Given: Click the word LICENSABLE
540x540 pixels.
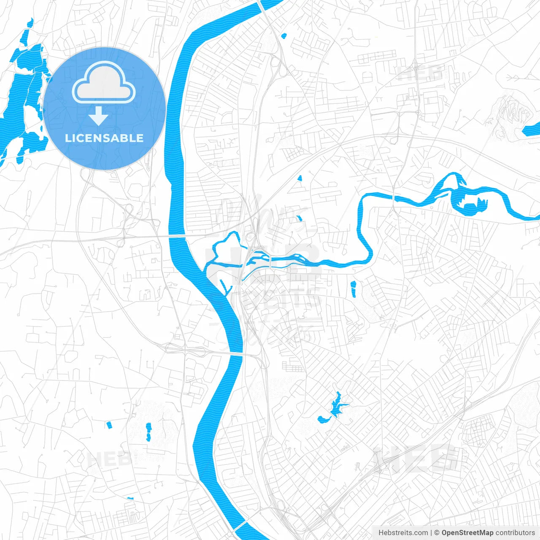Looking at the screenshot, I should click(x=104, y=138).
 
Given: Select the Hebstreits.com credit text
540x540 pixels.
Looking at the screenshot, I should click(x=403, y=533).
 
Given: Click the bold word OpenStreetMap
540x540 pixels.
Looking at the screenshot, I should click(x=467, y=533).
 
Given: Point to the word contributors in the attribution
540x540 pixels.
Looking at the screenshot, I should click(x=515, y=533).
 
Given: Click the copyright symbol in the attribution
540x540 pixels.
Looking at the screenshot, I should click(x=437, y=533).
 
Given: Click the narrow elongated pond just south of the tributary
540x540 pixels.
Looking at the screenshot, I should click(x=353, y=289).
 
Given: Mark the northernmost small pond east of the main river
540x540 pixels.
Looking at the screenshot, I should click(x=283, y=36).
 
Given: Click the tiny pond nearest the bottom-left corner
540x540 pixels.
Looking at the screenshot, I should click(x=130, y=498).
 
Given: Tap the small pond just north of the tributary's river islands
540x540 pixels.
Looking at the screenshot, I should click(x=299, y=219).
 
